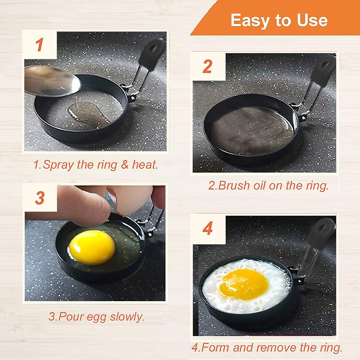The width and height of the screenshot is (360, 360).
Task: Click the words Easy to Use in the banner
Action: click(x=279, y=20)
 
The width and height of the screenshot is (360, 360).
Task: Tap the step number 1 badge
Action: click(x=40, y=45)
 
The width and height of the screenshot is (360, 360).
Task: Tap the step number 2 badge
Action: click(x=208, y=67)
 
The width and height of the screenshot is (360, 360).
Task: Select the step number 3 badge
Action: click(x=40, y=198)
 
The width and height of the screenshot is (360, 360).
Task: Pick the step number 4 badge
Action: click(x=208, y=229)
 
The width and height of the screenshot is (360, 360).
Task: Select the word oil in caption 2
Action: click(x=259, y=186)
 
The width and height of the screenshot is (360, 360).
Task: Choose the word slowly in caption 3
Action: click(x=127, y=317)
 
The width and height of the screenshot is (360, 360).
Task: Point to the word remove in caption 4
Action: click(x=276, y=348)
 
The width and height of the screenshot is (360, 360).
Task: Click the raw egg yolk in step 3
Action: click(x=92, y=247)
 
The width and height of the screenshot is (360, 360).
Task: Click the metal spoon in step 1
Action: click(x=51, y=81)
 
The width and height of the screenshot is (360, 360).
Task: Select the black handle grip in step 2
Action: click(x=323, y=71)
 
